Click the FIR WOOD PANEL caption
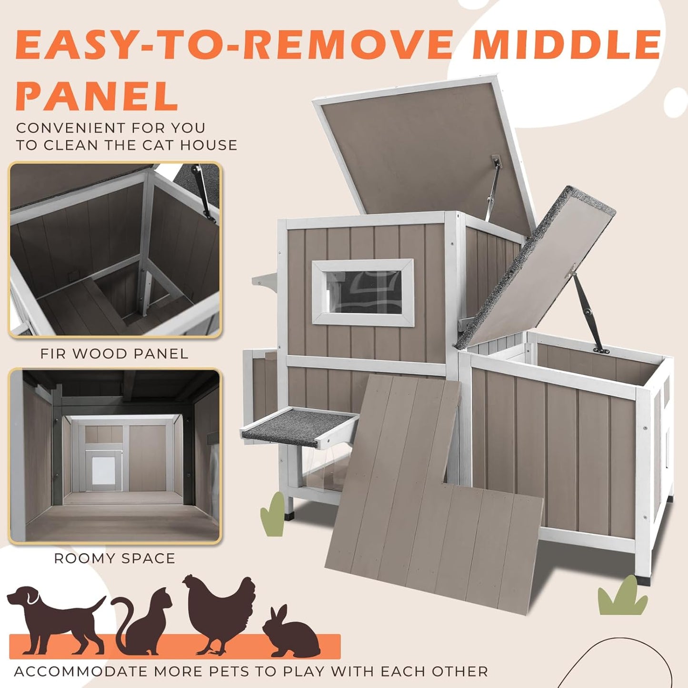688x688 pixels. [114, 354]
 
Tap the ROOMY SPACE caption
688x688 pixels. [114, 558]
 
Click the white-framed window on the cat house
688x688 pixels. [363, 292]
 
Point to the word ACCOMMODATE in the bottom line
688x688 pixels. [81, 671]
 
